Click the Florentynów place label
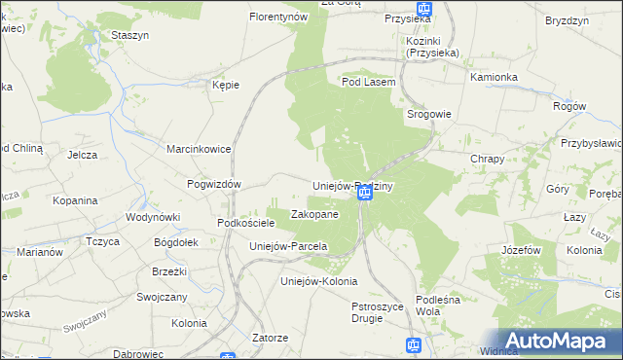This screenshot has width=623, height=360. pos(278,18)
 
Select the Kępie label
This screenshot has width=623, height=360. pos(226,85)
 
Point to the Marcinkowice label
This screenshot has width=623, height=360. pos(198,149)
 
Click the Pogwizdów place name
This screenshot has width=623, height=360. pos(213,183)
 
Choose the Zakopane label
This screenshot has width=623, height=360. pos(314,214)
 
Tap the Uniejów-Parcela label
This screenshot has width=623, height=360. pos(288,246)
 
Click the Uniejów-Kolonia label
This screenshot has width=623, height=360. pos(312,281)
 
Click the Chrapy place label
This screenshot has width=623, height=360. pos(487,159)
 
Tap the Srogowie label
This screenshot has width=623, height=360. pos(428,114)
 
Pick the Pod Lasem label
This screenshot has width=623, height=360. pos(368,83)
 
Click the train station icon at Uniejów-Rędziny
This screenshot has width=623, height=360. pos(365,194)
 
